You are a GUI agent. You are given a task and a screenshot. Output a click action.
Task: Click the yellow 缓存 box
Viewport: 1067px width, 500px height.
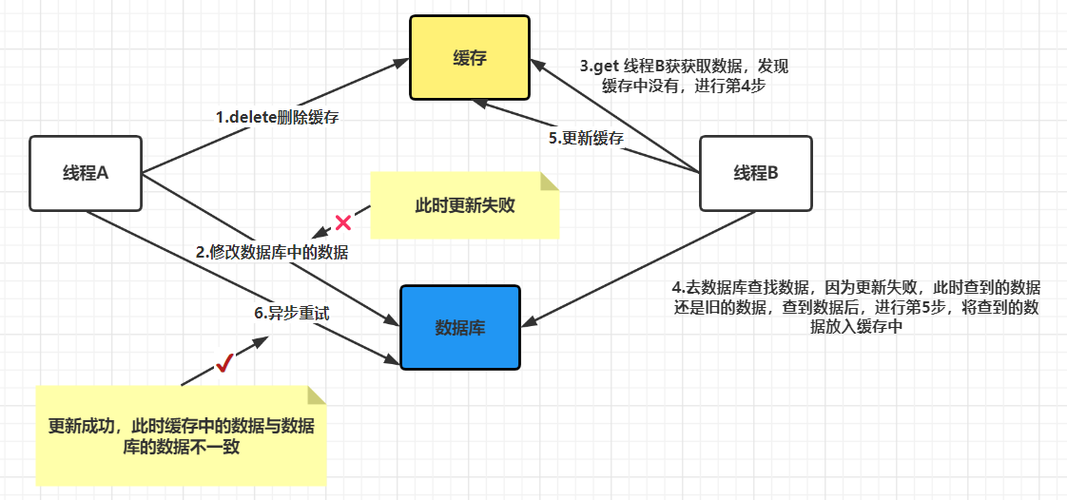(x=470, y=58)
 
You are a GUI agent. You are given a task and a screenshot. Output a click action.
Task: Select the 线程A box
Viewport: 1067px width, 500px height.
(x=86, y=173)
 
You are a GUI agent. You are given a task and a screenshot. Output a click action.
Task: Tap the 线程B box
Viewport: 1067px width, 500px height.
(x=755, y=173)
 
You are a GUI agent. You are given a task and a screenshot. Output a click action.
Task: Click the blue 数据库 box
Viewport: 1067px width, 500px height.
(x=460, y=328)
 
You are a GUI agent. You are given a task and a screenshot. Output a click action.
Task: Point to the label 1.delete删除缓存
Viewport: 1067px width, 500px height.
(x=278, y=118)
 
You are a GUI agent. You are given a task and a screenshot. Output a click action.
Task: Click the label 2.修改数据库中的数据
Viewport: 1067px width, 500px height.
(x=272, y=252)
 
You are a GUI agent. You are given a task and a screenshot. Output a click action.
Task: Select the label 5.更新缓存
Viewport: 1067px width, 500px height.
(x=586, y=138)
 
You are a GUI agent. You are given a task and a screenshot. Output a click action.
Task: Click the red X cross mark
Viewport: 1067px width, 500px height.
(x=343, y=223)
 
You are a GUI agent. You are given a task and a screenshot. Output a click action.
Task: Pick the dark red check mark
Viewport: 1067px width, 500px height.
(x=224, y=362)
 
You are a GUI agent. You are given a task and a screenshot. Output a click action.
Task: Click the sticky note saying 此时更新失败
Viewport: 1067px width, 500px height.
(x=464, y=205)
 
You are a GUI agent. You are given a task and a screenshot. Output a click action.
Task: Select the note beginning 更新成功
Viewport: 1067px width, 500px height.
(x=181, y=436)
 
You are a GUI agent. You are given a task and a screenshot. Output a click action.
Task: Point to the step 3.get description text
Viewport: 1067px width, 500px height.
(x=684, y=76)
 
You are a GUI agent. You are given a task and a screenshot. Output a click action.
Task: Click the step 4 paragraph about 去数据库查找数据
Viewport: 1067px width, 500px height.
(x=856, y=307)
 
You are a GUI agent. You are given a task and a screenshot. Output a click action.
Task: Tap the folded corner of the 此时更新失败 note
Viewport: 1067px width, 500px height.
(x=549, y=182)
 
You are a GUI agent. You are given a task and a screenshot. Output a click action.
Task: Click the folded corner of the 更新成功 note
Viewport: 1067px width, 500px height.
(x=316, y=394)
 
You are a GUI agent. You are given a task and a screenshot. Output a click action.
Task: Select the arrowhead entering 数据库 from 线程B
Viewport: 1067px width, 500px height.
(x=528, y=326)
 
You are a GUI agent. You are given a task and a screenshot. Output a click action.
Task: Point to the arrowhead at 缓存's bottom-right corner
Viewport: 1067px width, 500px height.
(x=537, y=67)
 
